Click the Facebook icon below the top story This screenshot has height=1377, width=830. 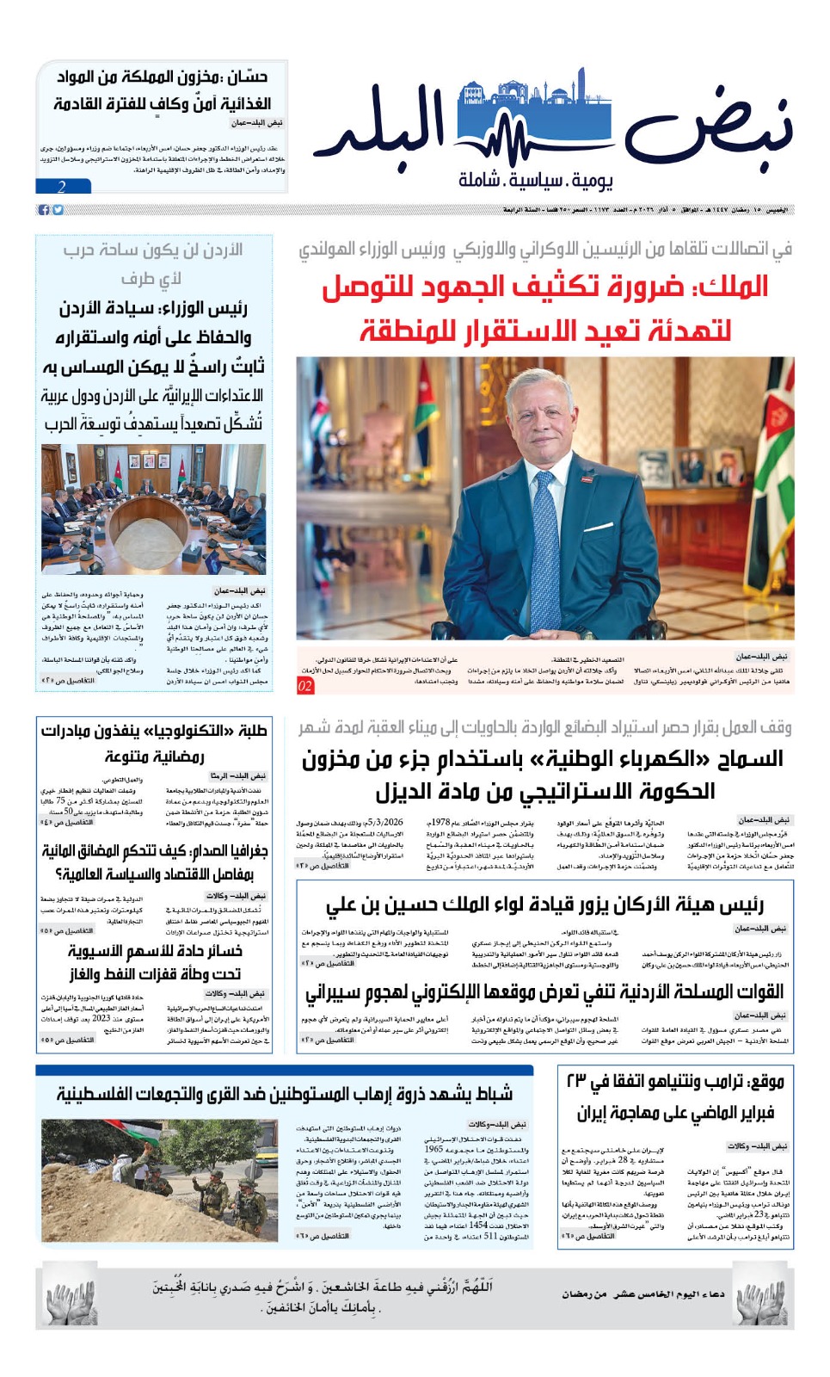[x=43, y=210]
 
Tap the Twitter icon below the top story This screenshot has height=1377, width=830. [x=58, y=210]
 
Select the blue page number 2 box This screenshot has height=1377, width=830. [x=63, y=186]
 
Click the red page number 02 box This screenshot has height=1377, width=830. [x=305, y=686]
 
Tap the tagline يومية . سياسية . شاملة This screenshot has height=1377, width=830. [x=535, y=180]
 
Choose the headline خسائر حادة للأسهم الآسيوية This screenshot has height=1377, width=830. [x=155, y=952]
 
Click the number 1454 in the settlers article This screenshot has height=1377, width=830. [x=478, y=1225]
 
